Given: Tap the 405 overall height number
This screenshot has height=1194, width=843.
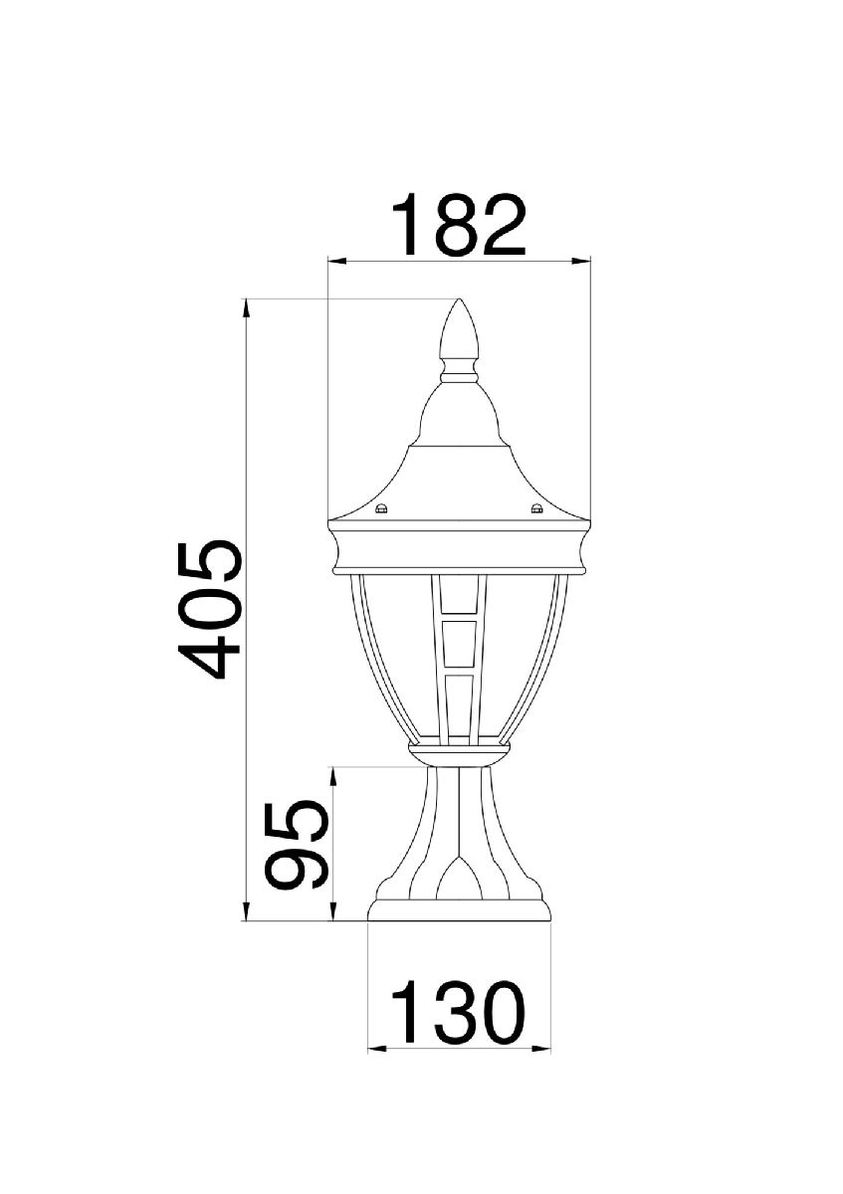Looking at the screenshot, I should point(210,610).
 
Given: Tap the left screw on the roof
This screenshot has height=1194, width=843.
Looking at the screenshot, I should point(380,511).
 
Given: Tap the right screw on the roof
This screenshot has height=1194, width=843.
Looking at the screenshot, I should point(537,511).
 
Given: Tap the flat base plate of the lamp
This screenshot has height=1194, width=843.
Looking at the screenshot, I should point(459,910).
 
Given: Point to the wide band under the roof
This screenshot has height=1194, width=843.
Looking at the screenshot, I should point(459,550).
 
